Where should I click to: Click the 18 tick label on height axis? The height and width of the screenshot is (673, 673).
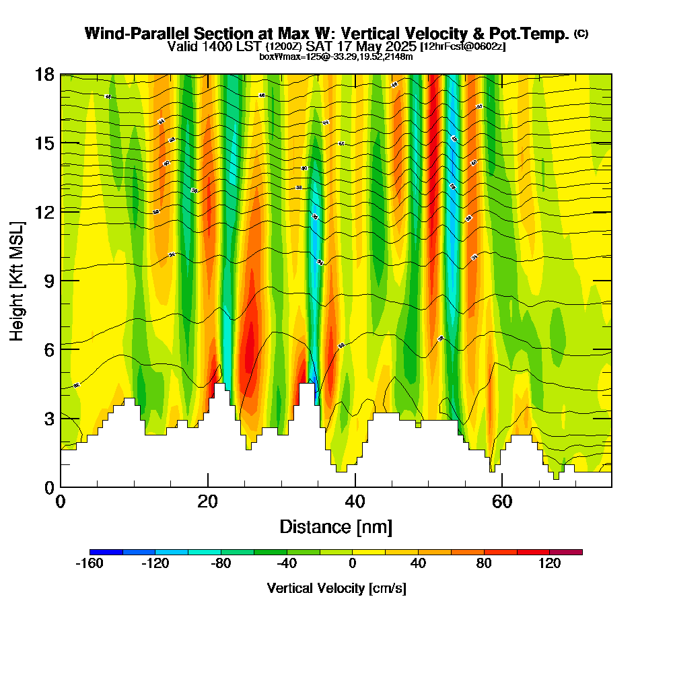(44, 74)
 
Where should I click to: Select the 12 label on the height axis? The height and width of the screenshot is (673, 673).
(44, 211)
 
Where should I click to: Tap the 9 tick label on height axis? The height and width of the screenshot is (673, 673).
(49, 280)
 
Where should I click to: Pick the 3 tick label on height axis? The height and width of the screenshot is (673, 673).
(49, 418)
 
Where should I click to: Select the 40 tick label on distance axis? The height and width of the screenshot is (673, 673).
(355, 502)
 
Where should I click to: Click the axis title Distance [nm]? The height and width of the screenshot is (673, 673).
(336, 526)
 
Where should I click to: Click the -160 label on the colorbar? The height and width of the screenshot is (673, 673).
(90, 565)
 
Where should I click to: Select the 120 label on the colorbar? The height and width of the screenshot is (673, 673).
(549, 565)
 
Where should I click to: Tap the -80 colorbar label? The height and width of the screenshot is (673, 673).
(221, 565)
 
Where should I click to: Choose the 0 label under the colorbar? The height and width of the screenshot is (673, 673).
(352, 565)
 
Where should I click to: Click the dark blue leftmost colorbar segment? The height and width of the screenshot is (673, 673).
(106, 552)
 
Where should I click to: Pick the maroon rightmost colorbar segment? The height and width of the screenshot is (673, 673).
(566, 552)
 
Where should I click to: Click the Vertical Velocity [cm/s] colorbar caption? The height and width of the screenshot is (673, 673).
(336, 588)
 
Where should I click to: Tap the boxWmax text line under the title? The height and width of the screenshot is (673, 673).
(336, 57)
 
